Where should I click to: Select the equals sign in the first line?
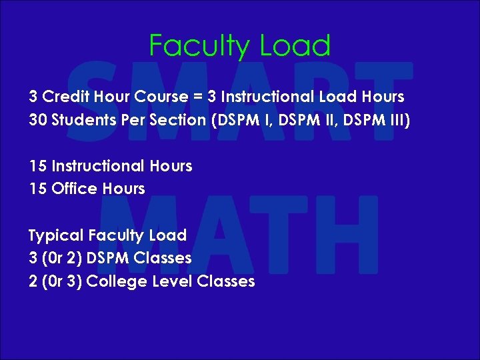click(x=197, y=97)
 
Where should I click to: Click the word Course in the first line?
click(x=161, y=97)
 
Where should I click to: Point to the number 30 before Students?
click(x=37, y=120)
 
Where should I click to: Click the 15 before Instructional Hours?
click(x=37, y=166)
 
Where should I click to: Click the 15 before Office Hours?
click(x=37, y=189)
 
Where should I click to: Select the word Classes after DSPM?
click(x=163, y=258)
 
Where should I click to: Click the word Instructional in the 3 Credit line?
click(x=265, y=97)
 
